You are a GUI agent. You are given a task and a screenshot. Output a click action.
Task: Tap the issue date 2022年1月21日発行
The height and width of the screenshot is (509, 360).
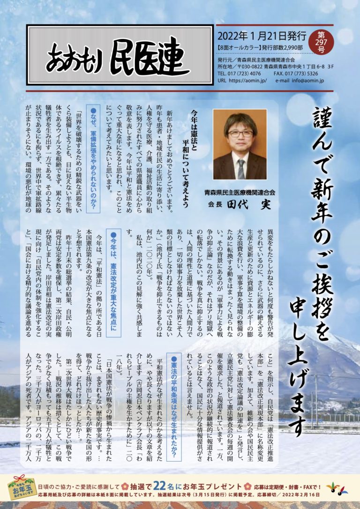pyautogui.click(x=262, y=36)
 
